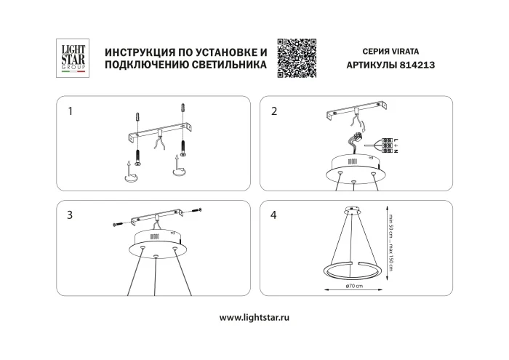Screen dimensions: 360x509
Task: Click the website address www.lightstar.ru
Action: coord(254,318)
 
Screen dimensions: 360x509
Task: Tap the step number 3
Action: coord(70,215)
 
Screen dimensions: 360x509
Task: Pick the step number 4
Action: coord(274,215)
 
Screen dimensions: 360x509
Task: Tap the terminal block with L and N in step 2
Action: coord(388,145)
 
